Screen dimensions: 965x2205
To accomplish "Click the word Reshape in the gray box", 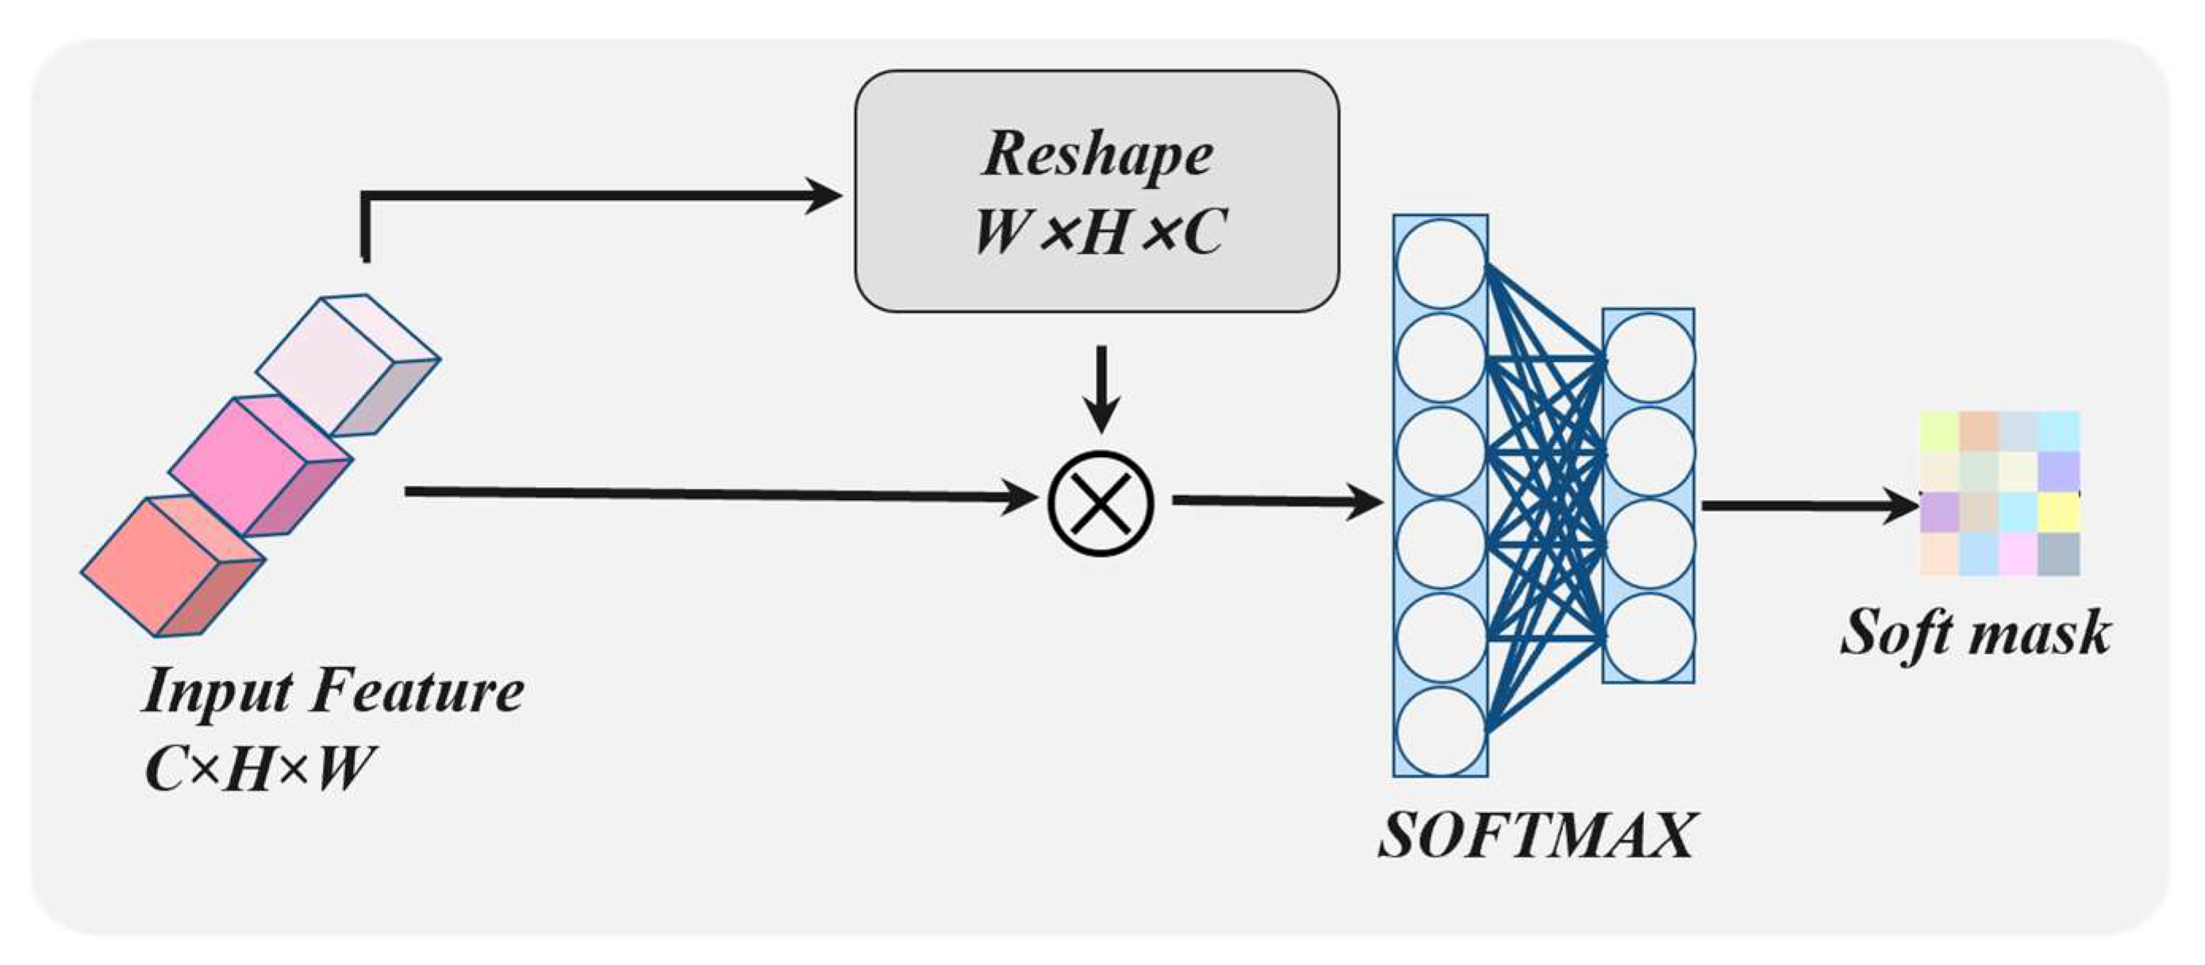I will click(x=1097, y=154).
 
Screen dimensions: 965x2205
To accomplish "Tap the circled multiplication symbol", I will click(x=1101, y=503).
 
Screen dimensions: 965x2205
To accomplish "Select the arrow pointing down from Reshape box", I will click(x=1101, y=390).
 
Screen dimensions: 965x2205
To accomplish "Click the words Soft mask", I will click(x=1976, y=633).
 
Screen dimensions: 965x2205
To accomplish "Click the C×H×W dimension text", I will click(x=259, y=768).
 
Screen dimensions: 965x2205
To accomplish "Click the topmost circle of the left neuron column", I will click(x=1441, y=263).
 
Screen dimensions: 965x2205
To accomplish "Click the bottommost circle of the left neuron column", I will click(x=1441, y=732).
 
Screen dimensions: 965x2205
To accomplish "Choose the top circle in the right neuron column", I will click(x=1649, y=357).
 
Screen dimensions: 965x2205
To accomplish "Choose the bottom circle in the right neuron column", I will click(x=1649, y=638).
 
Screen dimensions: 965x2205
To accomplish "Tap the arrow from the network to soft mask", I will click(x=1806, y=506).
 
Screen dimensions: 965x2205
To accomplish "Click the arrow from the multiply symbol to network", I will click(x=1275, y=501).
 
